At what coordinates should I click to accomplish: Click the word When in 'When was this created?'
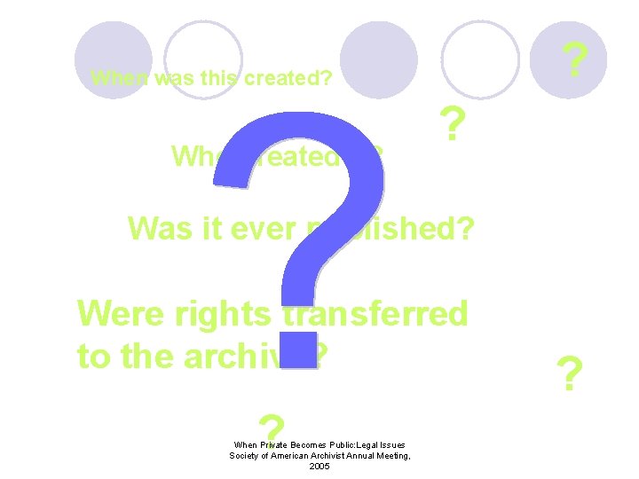120,79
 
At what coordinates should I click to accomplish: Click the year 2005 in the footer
319,467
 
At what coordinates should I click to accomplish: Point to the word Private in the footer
276,444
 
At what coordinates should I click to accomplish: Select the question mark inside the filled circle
577,60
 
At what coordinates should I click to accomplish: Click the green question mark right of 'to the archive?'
569,375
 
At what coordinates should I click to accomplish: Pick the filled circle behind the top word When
114,59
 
